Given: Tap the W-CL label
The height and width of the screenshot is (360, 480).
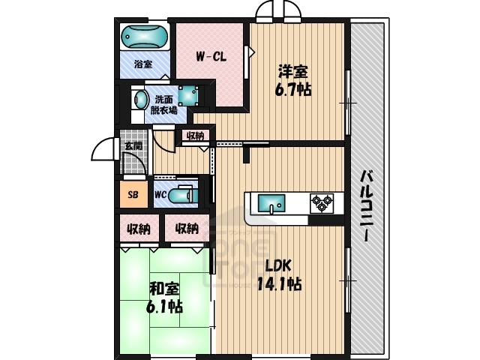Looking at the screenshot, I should coord(211,55).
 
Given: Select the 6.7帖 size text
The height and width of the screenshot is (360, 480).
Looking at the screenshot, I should coord(294,88).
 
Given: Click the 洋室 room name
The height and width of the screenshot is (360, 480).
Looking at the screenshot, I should coord(292,72).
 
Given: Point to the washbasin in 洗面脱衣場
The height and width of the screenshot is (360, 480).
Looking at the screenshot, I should coord(140,100).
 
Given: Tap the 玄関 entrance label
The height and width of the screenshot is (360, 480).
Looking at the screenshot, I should coord(133,145).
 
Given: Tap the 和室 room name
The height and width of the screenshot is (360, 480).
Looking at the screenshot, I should coord(163,288).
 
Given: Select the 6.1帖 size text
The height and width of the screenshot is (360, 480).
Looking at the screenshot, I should coord(163,306).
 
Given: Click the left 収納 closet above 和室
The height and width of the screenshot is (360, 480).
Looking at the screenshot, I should coord(139,228).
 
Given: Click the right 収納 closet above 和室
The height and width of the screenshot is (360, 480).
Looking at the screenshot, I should coord(187,228).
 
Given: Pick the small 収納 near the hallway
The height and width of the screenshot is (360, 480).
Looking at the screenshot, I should coord(194,136).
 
